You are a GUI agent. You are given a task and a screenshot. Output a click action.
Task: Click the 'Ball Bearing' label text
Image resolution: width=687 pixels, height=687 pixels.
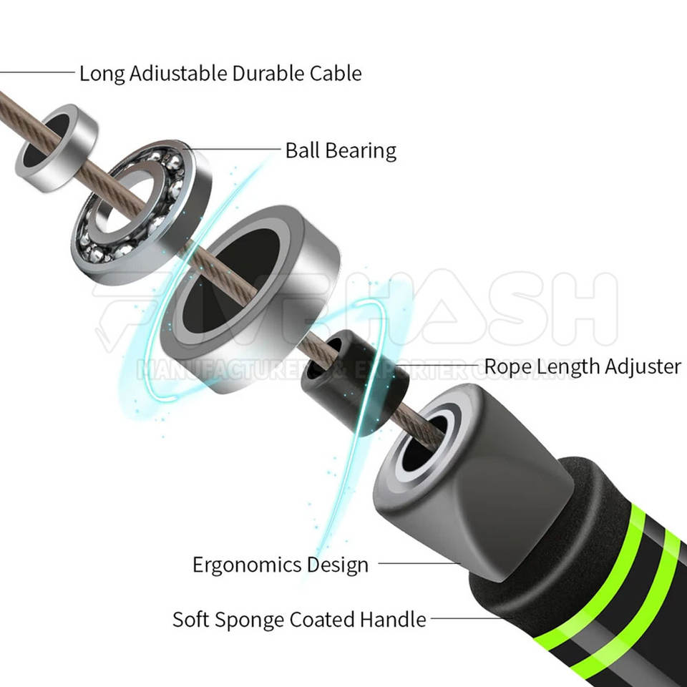(341, 150)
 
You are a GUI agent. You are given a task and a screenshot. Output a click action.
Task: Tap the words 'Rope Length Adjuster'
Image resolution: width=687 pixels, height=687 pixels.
(583, 366)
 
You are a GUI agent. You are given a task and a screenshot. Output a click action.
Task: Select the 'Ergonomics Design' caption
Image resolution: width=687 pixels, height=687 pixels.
(281, 564)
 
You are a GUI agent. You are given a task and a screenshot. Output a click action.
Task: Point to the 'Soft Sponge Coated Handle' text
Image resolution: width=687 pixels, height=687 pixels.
(299, 619)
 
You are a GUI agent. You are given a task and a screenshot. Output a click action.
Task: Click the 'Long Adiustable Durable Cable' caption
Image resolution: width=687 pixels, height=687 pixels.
(220, 73)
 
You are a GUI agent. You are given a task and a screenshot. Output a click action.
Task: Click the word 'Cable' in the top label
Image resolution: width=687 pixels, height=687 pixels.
(336, 73)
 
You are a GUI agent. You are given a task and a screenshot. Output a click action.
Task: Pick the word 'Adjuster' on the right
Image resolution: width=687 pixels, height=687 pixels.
(643, 366)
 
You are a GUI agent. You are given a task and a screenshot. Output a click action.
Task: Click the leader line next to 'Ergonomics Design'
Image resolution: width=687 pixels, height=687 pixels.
(419, 563)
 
